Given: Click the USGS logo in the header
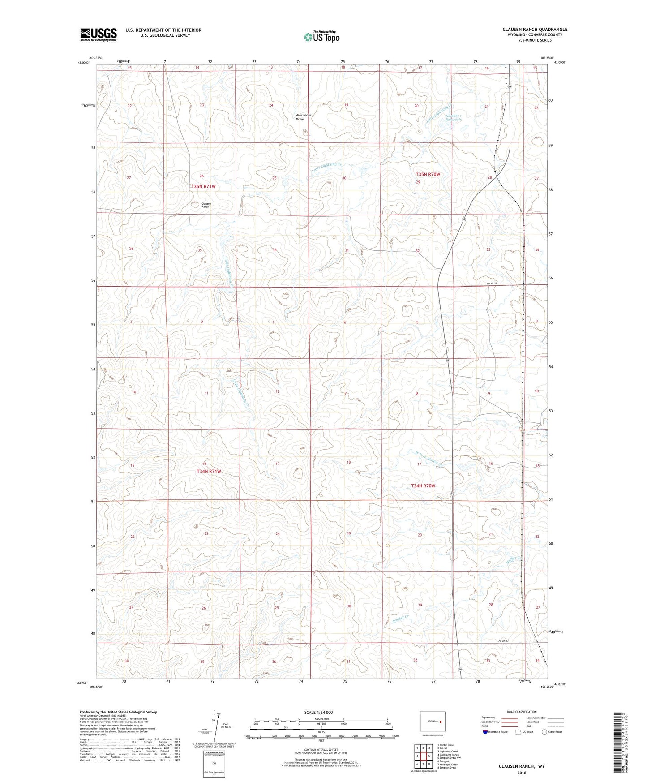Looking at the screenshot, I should pos(99,34).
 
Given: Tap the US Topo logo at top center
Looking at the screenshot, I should pos(321,37).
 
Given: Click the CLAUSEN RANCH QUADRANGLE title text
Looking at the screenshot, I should pos(535,30).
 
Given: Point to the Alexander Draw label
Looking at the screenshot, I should pos(303,117).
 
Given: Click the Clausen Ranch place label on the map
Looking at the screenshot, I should pos(206,205).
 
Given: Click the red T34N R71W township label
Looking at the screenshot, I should pos(209,471).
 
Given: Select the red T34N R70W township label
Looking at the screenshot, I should pos(423,486).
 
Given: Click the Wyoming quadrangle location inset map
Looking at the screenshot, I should pos(433,722).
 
